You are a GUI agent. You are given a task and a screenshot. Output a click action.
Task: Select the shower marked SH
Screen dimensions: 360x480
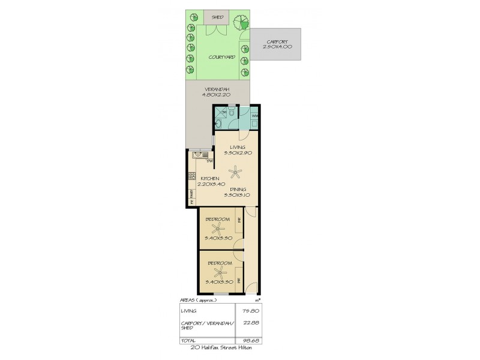221,112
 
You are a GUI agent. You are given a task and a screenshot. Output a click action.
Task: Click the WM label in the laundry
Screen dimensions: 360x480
254,116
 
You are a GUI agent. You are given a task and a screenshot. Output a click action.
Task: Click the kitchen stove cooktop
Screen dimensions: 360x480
192,176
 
